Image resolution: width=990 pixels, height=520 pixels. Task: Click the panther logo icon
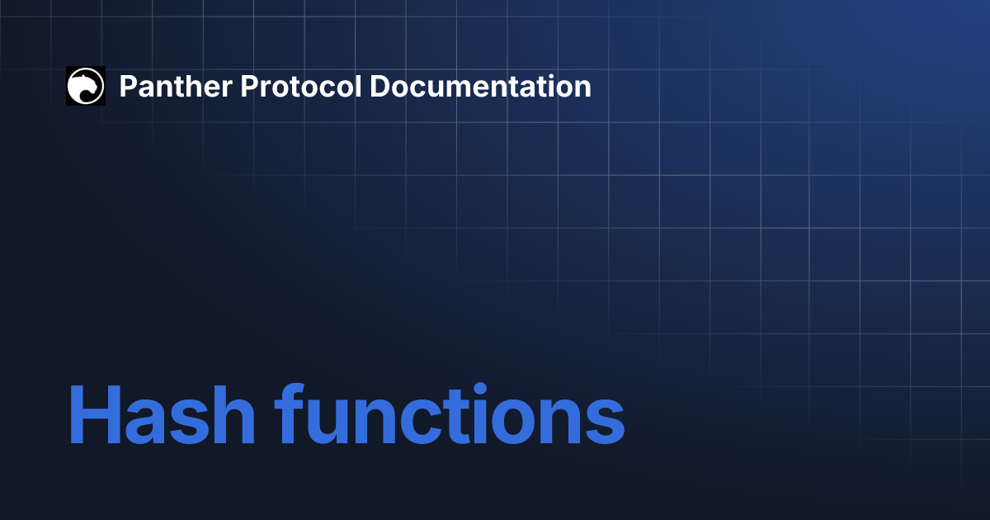click(86, 86)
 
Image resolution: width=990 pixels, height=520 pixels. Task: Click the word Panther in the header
click(176, 86)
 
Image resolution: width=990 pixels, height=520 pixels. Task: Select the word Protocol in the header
click(301, 86)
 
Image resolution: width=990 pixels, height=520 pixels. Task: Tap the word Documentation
click(480, 86)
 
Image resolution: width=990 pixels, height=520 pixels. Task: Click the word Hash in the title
click(162, 414)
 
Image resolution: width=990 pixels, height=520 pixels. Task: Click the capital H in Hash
click(95, 414)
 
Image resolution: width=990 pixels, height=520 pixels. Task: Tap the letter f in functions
click(290, 413)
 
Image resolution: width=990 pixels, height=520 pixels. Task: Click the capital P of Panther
click(129, 86)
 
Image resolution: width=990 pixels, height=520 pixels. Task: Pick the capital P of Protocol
click(250, 86)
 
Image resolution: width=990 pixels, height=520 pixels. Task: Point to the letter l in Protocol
click(358, 85)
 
